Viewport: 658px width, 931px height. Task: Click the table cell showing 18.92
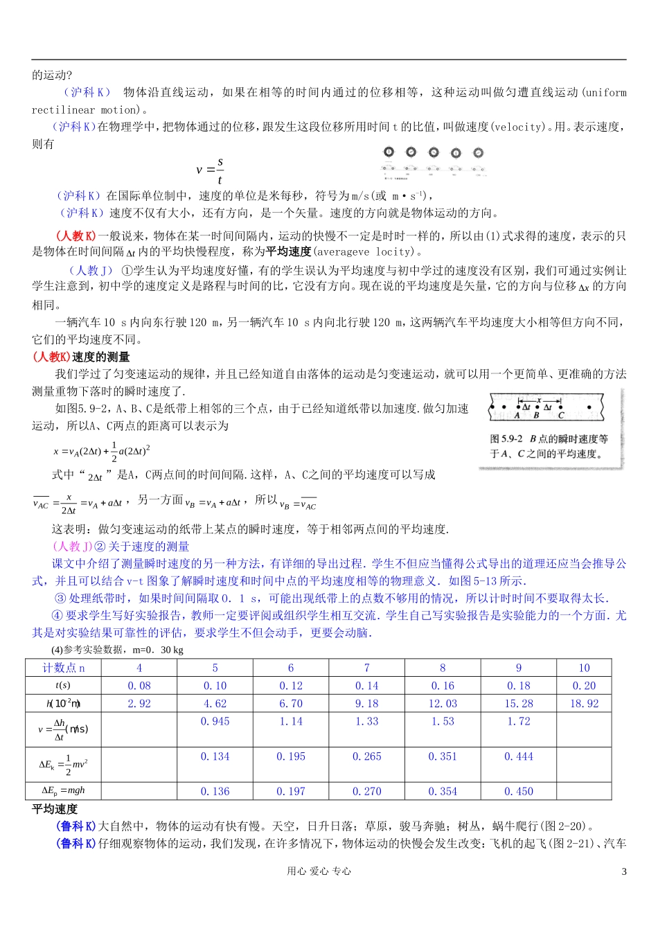pyautogui.click(x=584, y=703)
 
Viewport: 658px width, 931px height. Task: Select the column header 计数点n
pyautogui.click(x=63, y=668)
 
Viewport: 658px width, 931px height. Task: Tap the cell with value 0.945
pyautogui.click(x=215, y=721)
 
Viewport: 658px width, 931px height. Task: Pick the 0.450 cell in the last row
pyautogui.click(x=518, y=791)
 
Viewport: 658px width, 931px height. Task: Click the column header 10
pyautogui.click(x=584, y=668)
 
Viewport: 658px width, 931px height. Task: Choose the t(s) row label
pyautogui.click(x=63, y=686)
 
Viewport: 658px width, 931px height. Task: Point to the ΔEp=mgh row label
pyautogui.click(x=63, y=790)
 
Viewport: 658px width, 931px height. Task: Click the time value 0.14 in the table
pyautogui.click(x=366, y=686)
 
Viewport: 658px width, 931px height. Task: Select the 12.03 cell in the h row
pyautogui.click(x=442, y=703)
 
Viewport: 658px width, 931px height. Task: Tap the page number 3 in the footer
pyautogui.click(x=623, y=871)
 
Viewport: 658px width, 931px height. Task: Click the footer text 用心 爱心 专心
pyautogui.click(x=319, y=871)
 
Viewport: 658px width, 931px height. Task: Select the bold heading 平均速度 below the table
pyautogui.click(x=55, y=808)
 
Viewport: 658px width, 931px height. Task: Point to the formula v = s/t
pyautogui.click(x=210, y=170)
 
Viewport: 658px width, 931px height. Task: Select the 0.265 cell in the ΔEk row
pyautogui.click(x=366, y=756)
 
